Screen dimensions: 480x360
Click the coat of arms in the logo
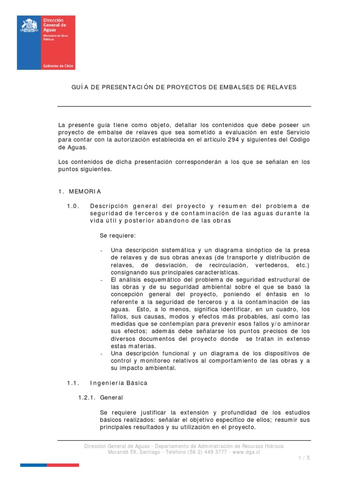click(x=30, y=25)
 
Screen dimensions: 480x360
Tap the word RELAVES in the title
click(x=280, y=87)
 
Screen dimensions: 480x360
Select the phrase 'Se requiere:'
click(x=117, y=235)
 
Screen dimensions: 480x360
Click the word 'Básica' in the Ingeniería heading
click(x=135, y=383)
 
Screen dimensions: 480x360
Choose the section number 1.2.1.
click(x=87, y=397)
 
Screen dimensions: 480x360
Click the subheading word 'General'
click(x=112, y=397)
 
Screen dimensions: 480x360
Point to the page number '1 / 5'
click(x=304, y=457)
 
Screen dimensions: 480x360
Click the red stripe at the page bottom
click(x=63, y=465)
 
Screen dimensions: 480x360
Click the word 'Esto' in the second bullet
click(x=144, y=309)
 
